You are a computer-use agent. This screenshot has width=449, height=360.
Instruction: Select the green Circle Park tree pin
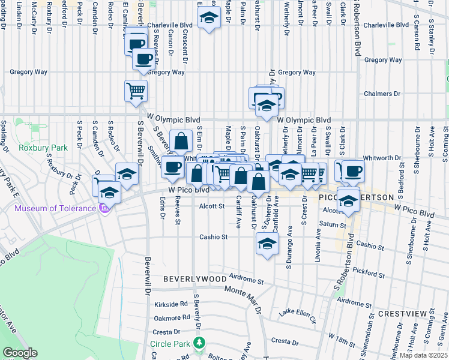(199, 344)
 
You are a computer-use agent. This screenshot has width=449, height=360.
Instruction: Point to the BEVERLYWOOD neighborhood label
(195, 279)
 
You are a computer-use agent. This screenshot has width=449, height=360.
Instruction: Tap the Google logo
(20, 353)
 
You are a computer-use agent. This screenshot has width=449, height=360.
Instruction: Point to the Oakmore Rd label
(171, 319)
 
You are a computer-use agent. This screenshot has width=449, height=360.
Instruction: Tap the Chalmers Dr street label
(382, 94)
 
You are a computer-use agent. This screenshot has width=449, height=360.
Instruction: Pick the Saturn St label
(329, 224)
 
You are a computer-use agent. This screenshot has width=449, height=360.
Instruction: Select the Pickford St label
(368, 272)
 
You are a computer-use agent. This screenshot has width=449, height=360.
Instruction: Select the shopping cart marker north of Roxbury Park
(136, 91)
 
